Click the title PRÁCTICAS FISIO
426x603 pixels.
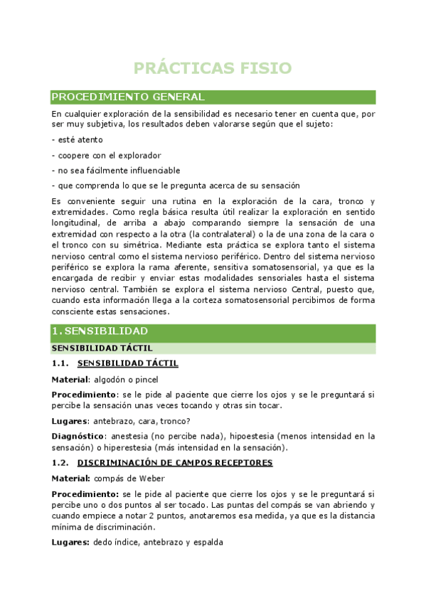click(213, 68)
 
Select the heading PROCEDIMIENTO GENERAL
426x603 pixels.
click(128, 97)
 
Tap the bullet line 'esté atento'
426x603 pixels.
click(78, 139)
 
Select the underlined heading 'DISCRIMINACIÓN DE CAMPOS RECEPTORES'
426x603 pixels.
click(175, 462)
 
